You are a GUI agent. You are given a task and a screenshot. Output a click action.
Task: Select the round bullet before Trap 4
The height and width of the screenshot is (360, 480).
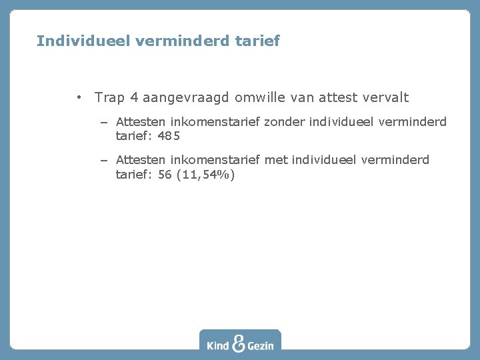point(79,97)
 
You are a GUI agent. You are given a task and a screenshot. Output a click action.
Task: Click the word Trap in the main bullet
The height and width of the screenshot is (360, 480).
point(109,97)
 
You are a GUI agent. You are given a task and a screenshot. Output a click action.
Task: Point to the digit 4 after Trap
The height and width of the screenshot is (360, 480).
point(135,97)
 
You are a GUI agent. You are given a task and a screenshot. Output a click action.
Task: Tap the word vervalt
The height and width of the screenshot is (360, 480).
point(385,97)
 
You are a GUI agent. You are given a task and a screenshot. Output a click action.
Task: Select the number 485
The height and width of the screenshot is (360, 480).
point(169,136)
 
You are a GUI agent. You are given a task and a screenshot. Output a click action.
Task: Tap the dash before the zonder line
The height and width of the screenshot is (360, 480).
point(105,122)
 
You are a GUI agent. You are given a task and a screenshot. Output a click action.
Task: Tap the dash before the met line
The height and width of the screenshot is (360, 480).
point(105,160)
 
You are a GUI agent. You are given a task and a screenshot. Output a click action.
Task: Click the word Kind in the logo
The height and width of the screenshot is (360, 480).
point(218,345)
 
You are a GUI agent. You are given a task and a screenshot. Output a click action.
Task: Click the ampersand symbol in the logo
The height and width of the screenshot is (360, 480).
point(239,342)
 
